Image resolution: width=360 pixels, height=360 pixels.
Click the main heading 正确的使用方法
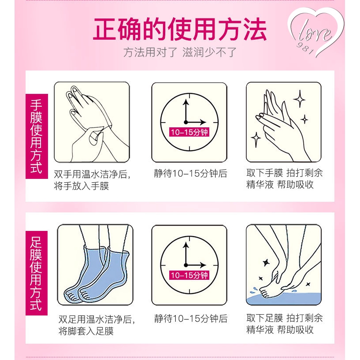coord(180,30)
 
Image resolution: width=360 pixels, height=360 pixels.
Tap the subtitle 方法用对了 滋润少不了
coord(180,52)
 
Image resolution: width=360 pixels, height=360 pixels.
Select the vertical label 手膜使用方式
coord(36,136)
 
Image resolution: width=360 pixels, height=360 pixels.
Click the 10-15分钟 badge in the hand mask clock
coord(189,132)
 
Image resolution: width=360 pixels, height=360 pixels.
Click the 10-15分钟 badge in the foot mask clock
coord(189,275)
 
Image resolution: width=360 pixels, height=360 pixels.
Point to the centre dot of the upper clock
coord(186,122)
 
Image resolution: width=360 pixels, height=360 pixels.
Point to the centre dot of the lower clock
coord(186,265)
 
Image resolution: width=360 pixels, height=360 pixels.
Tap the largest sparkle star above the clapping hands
coord(300,100)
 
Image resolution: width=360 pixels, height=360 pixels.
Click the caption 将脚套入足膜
coord(86,331)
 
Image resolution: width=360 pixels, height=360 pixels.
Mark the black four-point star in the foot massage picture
coord(266,263)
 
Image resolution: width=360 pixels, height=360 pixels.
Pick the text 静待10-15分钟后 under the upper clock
coord(190,173)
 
